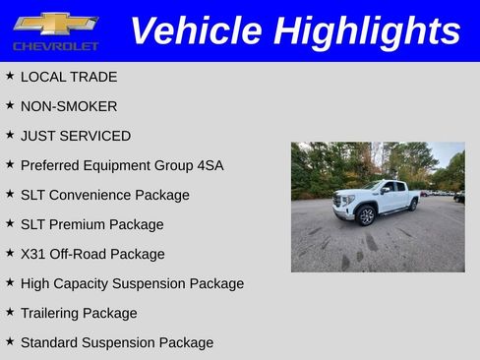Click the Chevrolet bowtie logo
[55, 23]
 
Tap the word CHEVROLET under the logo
[55, 46]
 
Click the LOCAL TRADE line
[68, 77]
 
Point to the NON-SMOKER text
[68, 106]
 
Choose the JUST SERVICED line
[75, 136]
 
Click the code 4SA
[209, 165]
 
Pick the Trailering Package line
[79, 313]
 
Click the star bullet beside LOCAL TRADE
[10, 76]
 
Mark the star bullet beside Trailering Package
[10, 312]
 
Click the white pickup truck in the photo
[379, 200]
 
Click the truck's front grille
[343, 203]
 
